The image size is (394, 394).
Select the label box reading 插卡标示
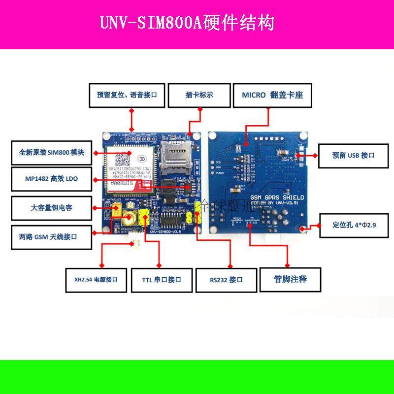click(x=199, y=96)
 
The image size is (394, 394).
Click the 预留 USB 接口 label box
click(x=353, y=155)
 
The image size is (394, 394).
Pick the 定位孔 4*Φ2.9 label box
click(x=354, y=226)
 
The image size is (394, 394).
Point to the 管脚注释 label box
click(x=290, y=279)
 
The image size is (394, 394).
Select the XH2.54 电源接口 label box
click(x=93, y=280)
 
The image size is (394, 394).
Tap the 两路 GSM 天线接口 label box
click(x=51, y=236)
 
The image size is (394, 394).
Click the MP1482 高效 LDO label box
click(x=51, y=180)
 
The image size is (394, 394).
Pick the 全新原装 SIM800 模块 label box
click(x=51, y=153)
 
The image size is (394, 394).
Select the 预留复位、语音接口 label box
click(x=127, y=96)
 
